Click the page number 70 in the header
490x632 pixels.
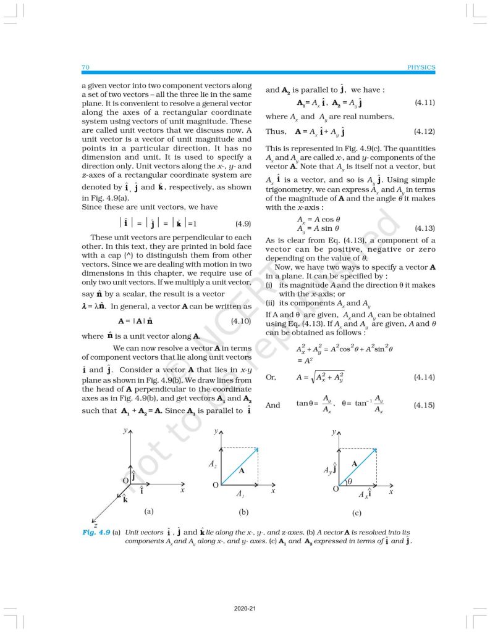85,67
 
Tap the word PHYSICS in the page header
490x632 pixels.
421,67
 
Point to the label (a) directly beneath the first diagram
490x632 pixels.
148,512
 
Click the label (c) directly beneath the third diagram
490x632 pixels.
357,513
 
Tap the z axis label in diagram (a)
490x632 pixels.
95,525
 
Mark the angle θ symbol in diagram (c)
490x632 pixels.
350,481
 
